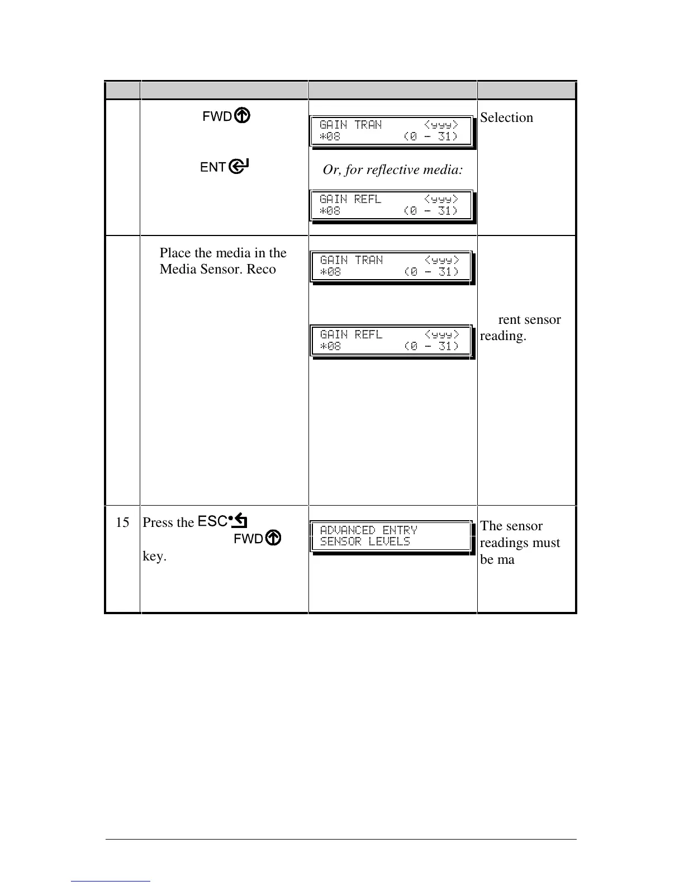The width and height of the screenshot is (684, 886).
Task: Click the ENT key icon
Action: [x=225, y=167]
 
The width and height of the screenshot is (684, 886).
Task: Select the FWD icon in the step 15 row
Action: [x=258, y=538]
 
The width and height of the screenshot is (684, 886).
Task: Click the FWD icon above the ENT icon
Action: [x=226, y=116]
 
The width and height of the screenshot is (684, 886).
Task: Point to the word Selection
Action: [x=506, y=117]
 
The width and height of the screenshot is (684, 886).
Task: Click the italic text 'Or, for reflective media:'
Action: [x=392, y=170]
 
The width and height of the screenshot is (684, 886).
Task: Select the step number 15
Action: [x=122, y=522]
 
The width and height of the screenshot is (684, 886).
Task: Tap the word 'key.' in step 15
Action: [x=154, y=557]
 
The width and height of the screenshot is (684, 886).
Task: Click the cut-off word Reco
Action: [x=262, y=269]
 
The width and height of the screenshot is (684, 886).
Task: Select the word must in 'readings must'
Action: [x=546, y=543]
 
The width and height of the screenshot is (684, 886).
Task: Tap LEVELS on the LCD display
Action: [x=389, y=541]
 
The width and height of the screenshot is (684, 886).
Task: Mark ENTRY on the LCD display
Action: [x=400, y=530]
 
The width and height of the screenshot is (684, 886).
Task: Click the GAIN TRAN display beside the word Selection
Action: [x=391, y=131]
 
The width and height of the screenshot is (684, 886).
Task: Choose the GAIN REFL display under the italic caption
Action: [x=391, y=205]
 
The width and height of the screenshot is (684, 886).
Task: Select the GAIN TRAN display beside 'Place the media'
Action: [x=391, y=266]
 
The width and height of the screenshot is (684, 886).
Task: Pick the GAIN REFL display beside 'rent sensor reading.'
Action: [x=391, y=340]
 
